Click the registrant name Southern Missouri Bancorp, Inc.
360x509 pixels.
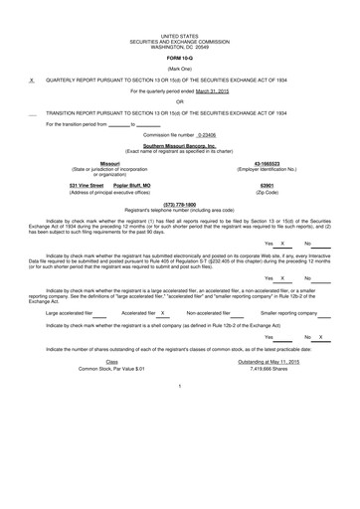click(x=180, y=145)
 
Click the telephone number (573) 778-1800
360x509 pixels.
click(x=179, y=203)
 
